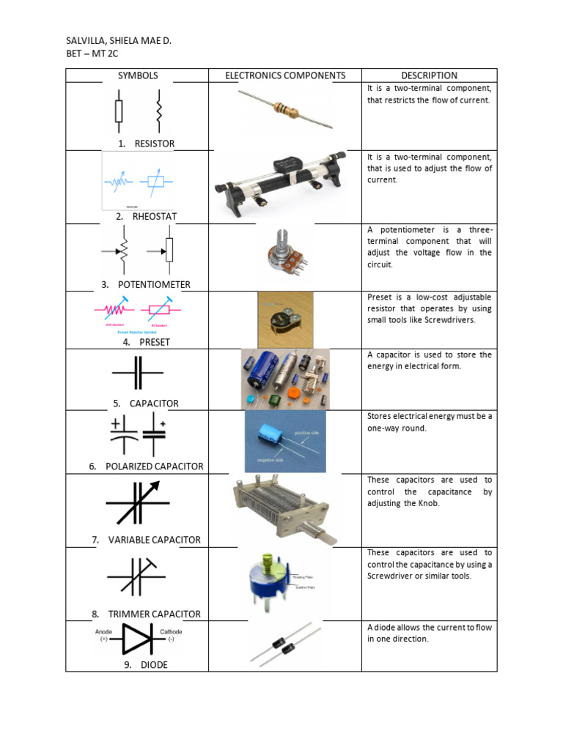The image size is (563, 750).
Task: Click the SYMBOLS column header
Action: click(138, 75)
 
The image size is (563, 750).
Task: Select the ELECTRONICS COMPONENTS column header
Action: click(285, 75)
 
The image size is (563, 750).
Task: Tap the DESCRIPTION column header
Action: click(429, 75)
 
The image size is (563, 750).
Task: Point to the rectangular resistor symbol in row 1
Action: click(119, 111)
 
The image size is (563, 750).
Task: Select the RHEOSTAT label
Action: click(155, 217)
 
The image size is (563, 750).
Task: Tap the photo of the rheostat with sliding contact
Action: click(284, 183)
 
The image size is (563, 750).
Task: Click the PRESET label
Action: click(154, 342)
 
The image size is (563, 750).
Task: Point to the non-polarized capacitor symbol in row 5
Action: click(138, 373)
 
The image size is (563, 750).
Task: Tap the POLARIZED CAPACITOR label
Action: click(155, 466)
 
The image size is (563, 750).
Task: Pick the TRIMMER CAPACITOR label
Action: click(154, 614)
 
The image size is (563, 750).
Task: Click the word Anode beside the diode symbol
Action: click(104, 631)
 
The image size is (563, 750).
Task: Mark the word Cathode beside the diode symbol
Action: click(171, 631)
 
